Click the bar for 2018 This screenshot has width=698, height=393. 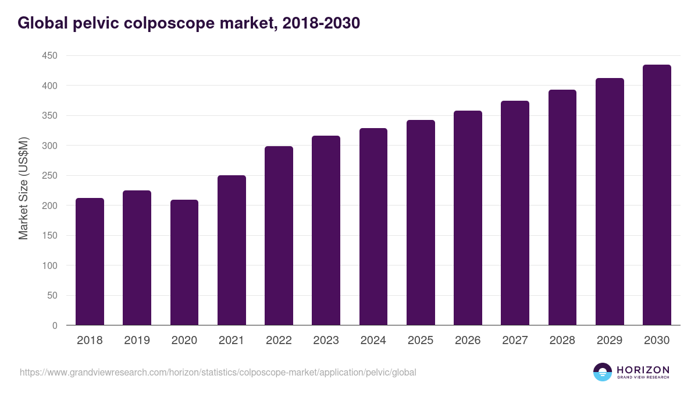point(90,261)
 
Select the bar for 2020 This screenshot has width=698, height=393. point(184,263)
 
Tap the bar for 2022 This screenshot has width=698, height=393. point(279,236)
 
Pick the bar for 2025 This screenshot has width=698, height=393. point(421,222)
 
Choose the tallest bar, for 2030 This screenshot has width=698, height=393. point(657,195)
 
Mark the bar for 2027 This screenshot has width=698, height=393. point(515,213)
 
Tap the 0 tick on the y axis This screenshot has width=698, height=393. point(55,325)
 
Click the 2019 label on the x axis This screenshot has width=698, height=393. point(137,341)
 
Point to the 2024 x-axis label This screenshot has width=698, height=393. point(373,341)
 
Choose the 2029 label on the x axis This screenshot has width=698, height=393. point(610,341)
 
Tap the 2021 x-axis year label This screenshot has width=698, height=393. point(232,341)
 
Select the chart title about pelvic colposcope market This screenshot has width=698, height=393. point(189,23)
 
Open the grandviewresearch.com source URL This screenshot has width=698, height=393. point(218,372)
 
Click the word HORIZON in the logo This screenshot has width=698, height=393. point(643,370)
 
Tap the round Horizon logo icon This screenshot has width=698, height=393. point(603,372)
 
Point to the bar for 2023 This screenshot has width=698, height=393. point(326,231)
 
